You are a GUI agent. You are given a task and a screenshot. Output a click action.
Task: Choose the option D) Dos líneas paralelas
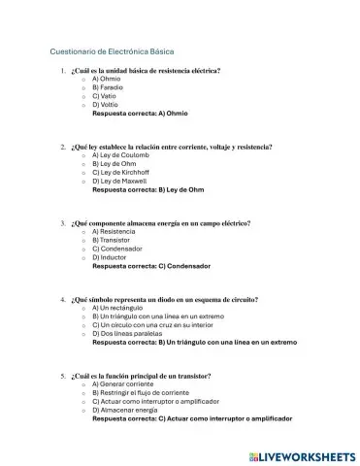129,334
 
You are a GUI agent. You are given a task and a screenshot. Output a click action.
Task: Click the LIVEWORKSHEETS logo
303,454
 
